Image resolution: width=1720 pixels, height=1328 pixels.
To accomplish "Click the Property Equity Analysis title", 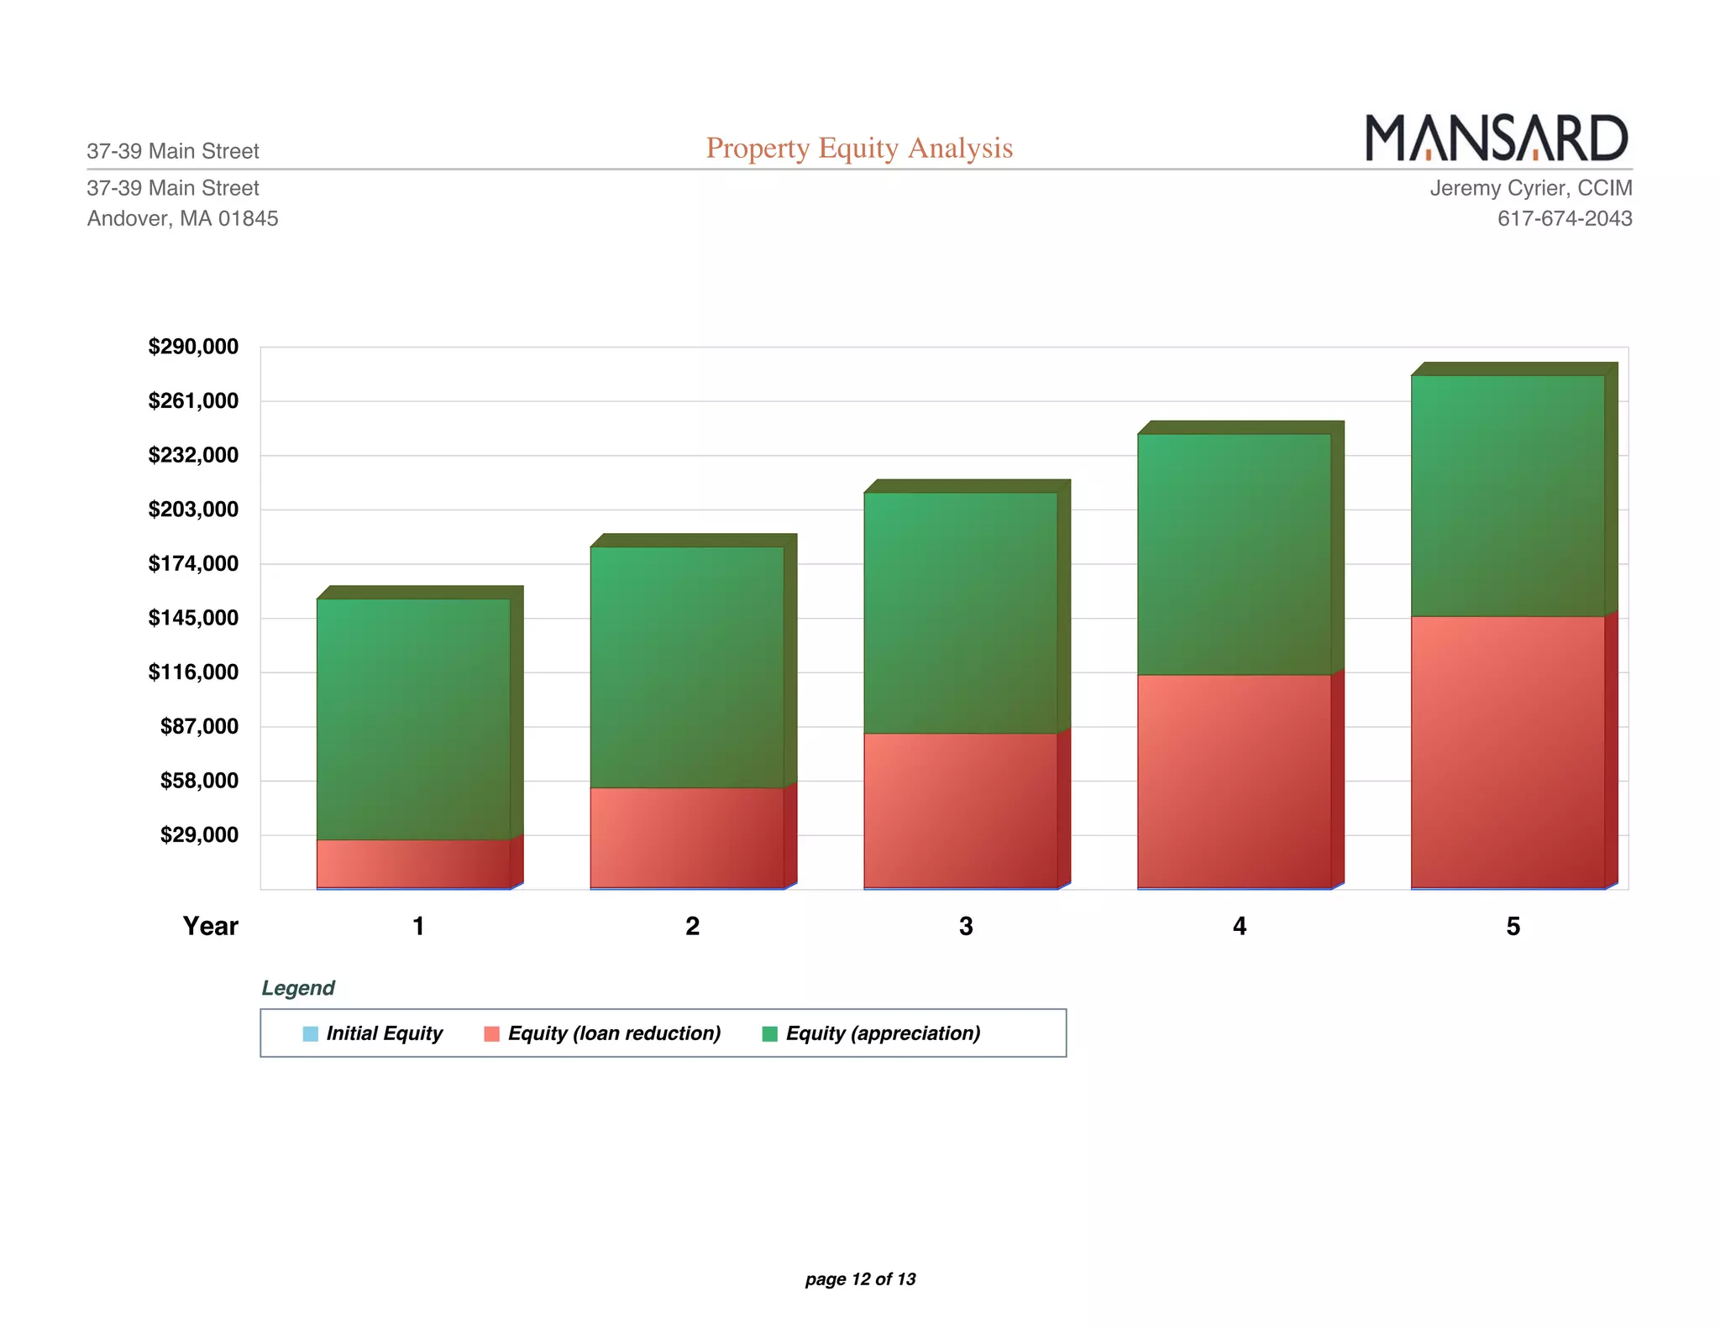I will tap(859, 148).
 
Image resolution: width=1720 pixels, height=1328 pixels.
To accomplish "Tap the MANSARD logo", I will tap(1497, 138).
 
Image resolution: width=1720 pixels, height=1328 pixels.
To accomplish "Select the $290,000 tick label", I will tap(193, 347).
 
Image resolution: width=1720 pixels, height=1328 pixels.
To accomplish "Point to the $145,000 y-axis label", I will tap(193, 618).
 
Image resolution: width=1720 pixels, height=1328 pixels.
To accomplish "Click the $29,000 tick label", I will tap(199, 835).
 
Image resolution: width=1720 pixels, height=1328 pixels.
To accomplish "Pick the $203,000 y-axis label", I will tap(193, 510).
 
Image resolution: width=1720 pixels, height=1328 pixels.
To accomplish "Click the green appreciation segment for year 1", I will tap(413, 719).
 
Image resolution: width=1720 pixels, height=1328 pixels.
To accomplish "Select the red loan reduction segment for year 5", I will tap(1508, 751).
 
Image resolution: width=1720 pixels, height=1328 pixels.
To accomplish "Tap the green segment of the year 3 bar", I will tap(960, 613).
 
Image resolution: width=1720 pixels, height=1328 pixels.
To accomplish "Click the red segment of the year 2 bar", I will tap(686, 837).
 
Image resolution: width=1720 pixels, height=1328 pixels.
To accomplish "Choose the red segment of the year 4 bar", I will tap(1234, 781).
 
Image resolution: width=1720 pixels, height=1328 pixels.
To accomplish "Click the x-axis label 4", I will tap(1239, 926).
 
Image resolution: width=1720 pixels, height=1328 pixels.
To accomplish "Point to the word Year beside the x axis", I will tap(210, 926).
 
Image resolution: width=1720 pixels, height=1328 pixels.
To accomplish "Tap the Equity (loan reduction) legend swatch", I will tap(492, 1033).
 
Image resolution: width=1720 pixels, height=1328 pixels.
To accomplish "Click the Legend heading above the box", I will tap(297, 988).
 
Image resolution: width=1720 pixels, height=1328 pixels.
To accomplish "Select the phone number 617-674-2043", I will tap(1564, 218).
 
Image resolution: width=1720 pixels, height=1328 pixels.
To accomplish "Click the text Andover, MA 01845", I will tap(182, 218).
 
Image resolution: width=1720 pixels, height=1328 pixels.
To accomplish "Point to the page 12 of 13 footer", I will tap(860, 1278).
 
